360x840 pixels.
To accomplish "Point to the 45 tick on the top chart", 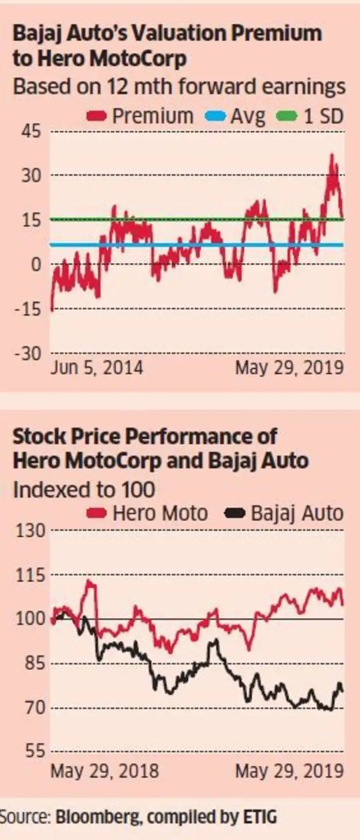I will tap(30, 131).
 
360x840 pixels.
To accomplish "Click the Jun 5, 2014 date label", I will tap(97, 368).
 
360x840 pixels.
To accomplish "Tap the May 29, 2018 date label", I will tap(104, 771).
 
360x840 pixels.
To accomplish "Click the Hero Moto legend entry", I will tap(148, 513).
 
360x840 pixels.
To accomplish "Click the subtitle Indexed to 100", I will tap(84, 489).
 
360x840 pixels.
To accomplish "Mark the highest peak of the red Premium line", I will tap(332, 155).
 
